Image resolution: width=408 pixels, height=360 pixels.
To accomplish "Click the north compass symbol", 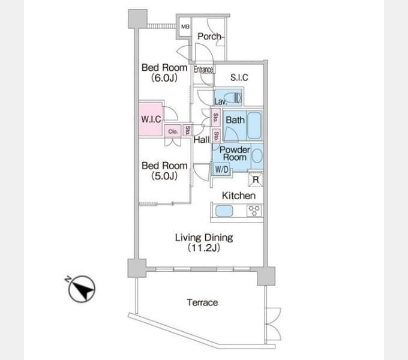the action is tap(81, 289).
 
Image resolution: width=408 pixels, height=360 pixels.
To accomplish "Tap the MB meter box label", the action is tap(185, 26).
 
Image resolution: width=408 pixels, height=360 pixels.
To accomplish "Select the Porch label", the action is tap(209, 37).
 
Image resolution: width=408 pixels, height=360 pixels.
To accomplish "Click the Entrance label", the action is tap(203, 70).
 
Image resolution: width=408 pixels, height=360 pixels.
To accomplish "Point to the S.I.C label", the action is tap(239, 77).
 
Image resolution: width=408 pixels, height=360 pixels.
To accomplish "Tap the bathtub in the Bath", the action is tap(254, 125).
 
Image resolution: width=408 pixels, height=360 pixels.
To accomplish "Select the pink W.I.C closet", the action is tap(151, 119).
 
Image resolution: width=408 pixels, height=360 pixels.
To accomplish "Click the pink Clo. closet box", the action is tap(173, 131).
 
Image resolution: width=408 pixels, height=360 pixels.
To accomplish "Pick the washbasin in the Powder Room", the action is tap(257, 155).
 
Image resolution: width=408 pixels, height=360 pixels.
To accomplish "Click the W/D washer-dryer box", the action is tap(221, 169).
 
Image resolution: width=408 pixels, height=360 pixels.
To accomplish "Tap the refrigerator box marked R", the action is tap(256, 179).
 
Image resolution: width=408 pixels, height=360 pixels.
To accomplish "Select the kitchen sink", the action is tap(224, 211).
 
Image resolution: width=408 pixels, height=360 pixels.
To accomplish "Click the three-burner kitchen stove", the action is tap(254, 211).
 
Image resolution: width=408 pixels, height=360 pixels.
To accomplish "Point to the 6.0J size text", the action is tap(164, 78).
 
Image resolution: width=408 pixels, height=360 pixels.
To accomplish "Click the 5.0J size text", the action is tap(164, 176).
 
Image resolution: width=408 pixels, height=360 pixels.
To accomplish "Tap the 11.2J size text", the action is tap(204, 248).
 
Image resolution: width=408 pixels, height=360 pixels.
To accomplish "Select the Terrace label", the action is tap(202, 302).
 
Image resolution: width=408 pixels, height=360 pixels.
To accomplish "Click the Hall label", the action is tap(202, 140).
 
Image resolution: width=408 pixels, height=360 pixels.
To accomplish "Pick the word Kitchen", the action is tap(239, 196).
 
